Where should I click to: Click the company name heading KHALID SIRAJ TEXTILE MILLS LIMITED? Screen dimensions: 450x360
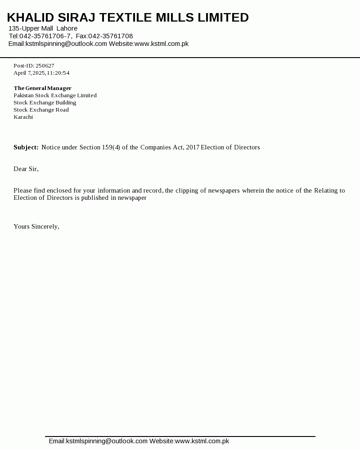pyautogui.click(x=128, y=18)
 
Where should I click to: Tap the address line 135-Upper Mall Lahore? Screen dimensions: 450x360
pyautogui.click(x=43, y=28)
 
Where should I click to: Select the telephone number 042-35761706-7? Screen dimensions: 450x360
pyautogui.click(x=45, y=36)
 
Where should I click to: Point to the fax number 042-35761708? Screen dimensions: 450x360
pyautogui.click(x=110, y=36)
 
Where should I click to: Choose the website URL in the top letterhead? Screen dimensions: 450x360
pyautogui.click(x=162, y=44)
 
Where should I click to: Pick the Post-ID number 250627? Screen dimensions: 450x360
pyautogui.click(x=45, y=66)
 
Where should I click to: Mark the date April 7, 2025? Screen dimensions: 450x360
pyautogui.click(x=29, y=73)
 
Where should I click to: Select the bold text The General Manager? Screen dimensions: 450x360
pyautogui.click(x=42, y=88)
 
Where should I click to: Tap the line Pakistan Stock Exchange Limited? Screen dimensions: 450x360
pyautogui.click(x=55, y=95)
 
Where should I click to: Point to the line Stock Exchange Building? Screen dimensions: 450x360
pyautogui.click(x=45, y=103)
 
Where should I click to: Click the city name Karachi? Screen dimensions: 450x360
pyautogui.click(x=23, y=117)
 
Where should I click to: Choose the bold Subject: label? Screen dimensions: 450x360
pyautogui.click(x=26, y=147)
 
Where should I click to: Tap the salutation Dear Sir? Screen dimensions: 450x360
pyautogui.click(x=26, y=169)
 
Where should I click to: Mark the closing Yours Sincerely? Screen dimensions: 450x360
pyautogui.click(x=36, y=226)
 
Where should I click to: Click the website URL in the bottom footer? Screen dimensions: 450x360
pyautogui.click(x=202, y=441)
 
